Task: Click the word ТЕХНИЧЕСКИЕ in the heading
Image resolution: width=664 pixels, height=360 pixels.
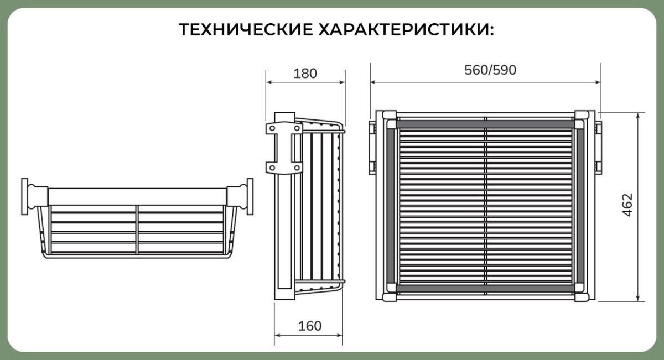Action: pos(246,30)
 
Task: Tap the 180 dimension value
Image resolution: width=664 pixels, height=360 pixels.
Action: pos(305,74)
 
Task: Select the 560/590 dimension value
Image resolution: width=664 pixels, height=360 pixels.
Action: pos(490,70)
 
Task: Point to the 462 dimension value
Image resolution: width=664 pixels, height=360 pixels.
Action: pos(627,205)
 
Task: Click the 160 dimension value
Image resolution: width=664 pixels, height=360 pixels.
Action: pos(310,326)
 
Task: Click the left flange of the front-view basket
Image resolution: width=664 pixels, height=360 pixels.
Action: pos(24,196)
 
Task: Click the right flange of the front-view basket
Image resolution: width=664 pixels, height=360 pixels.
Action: pos(250,196)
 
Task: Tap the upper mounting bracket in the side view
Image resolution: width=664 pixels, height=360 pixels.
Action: pos(284,128)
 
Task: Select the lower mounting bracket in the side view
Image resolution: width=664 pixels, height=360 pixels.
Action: pos(284,168)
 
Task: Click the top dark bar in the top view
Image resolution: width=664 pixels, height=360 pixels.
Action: pos(486,124)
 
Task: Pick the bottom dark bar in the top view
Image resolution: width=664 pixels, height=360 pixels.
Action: pos(486,288)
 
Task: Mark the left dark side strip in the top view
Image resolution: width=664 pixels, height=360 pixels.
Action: pos(391,206)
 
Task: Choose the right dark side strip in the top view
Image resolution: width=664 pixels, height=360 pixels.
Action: pos(580,206)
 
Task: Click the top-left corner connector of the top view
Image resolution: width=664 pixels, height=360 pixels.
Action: pos(389,115)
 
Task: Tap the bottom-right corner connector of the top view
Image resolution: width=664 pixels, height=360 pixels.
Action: pos(582,297)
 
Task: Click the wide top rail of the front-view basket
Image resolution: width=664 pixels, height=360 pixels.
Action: pos(137,197)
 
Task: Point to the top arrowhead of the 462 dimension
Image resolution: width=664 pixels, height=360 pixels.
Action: pos(638,116)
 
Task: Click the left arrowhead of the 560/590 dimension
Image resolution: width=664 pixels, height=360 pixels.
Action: pos(373,82)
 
